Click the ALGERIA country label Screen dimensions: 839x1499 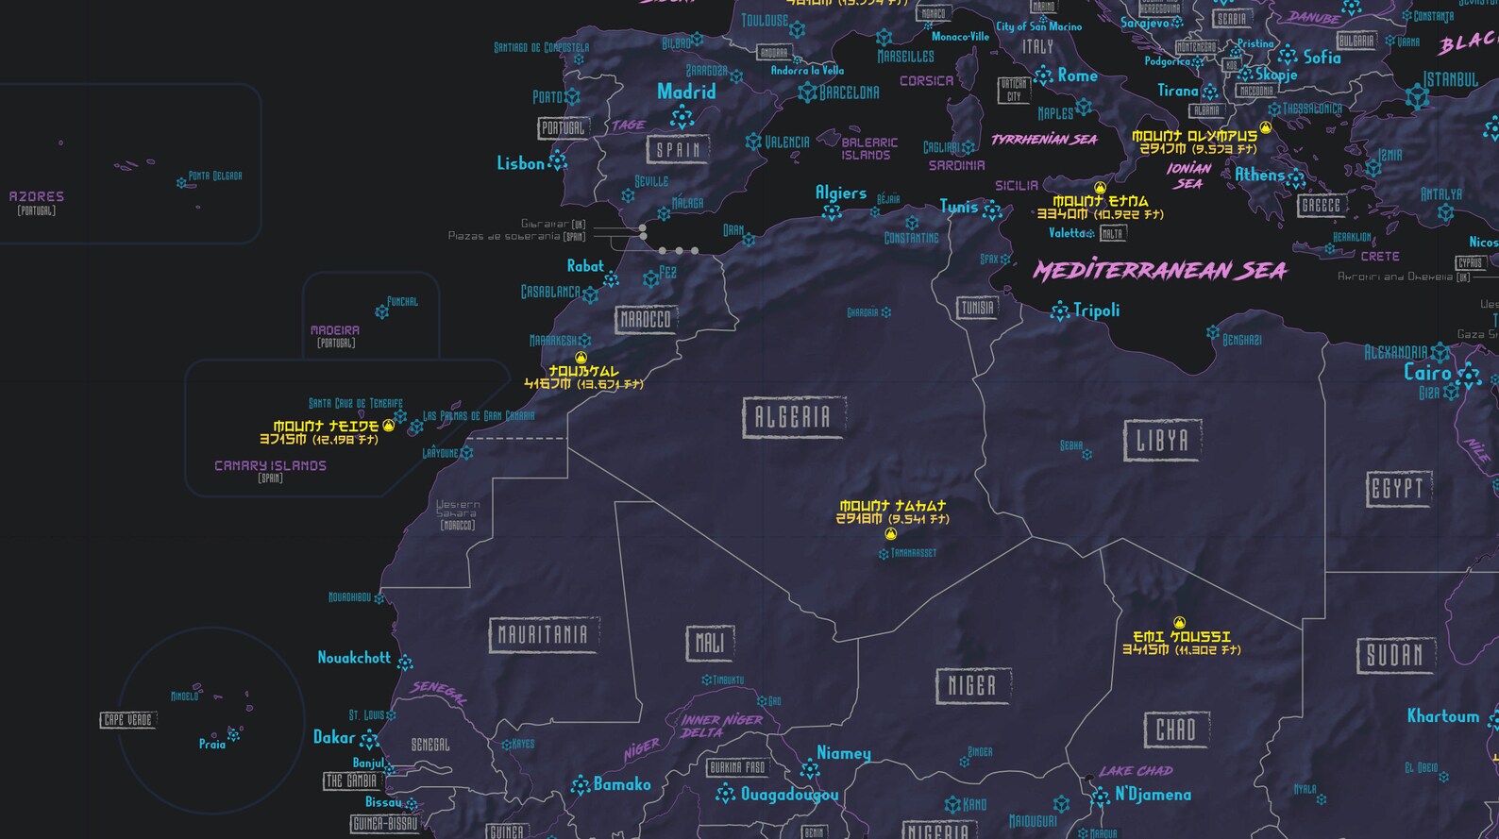pyautogui.click(x=794, y=417)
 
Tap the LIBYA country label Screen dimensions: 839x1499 pyautogui.click(x=1162, y=441)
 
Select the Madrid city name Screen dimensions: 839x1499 pyautogui.click(x=686, y=92)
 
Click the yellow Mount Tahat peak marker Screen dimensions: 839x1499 pyautogui.click(x=890, y=534)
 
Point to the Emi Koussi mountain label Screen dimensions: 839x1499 pyautogui.click(x=1182, y=637)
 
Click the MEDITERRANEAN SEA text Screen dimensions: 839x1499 pyautogui.click(x=1159, y=271)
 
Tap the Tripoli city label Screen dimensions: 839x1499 pyautogui.click(x=1096, y=310)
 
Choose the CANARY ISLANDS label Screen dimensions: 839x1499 pyautogui.click(x=270, y=465)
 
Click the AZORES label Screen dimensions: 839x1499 pyautogui.click(x=37, y=196)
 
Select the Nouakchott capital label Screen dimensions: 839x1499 pyautogui.click(x=354, y=658)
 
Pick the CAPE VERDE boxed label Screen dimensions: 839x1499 pyautogui.click(x=127, y=720)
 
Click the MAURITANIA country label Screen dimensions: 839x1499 pyautogui.click(x=543, y=635)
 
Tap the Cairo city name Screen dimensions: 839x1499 pyautogui.click(x=1426, y=372)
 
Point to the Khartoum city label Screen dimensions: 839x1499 pyautogui.click(x=1442, y=716)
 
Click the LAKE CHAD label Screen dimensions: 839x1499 pyautogui.click(x=1136, y=771)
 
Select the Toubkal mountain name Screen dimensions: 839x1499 pyautogui.click(x=584, y=372)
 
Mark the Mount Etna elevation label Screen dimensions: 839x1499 pyautogui.click(x=1100, y=214)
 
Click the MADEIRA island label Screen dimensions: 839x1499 pyautogui.click(x=335, y=330)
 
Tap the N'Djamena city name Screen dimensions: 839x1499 pyautogui.click(x=1153, y=795)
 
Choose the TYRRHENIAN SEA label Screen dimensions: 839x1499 pyautogui.click(x=1043, y=140)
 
